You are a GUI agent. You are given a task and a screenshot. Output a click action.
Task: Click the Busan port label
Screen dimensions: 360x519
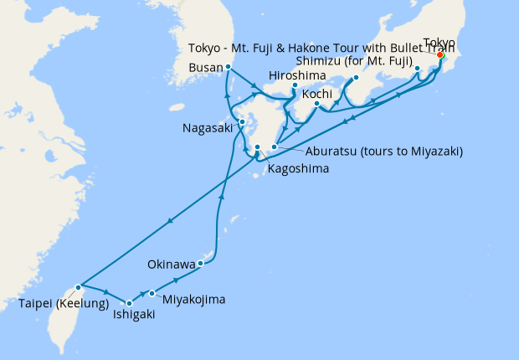pyautogui.click(x=206, y=67)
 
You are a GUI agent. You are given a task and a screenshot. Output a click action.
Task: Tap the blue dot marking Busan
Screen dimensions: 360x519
pyautogui.click(x=229, y=67)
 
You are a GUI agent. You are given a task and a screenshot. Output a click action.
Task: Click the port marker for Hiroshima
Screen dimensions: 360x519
pyautogui.click(x=295, y=85)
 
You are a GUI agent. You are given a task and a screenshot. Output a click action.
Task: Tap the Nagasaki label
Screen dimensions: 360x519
pyautogui.click(x=209, y=128)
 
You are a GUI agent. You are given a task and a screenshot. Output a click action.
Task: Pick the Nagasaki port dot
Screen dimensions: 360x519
pyautogui.click(x=242, y=123)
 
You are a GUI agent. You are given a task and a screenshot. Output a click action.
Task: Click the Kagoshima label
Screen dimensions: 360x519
pyautogui.click(x=297, y=169)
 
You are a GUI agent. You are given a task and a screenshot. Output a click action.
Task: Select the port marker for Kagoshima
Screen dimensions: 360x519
pyautogui.click(x=258, y=147)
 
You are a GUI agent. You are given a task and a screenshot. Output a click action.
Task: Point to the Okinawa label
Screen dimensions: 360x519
pyautogui.click(x=171, y=264)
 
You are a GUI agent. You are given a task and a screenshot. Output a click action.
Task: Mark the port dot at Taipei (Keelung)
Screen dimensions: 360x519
pyautogui.click(x=78, y=287)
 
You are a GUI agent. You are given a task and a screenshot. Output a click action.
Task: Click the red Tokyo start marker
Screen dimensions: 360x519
pyautogui.click(x=439, y=56)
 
